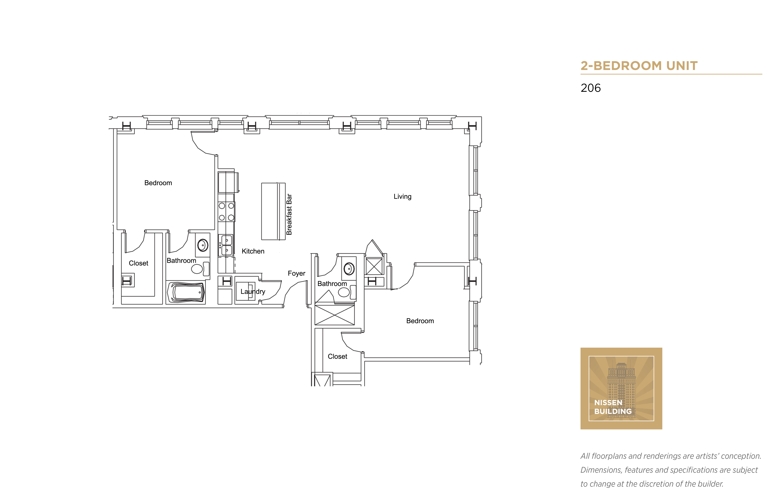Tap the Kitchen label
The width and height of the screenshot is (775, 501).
[x=253, y=251]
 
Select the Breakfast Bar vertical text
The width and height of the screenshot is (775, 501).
[x=289, y=214]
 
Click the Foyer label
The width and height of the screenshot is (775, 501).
[x=296, y=273]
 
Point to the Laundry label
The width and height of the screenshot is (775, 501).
[x=253, y=292]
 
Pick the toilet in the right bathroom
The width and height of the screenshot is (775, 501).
[x=347, y=292]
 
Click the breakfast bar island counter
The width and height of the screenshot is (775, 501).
[x=273, y=211]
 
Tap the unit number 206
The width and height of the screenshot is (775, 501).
[x=591, y=88]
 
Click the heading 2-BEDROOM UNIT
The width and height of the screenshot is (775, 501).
[x=639, y=66]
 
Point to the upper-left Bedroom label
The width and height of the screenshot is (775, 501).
[x=158, y=183]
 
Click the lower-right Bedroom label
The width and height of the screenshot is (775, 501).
[x=420, y=321]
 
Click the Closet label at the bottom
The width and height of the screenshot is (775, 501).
[x=337, y=357]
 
